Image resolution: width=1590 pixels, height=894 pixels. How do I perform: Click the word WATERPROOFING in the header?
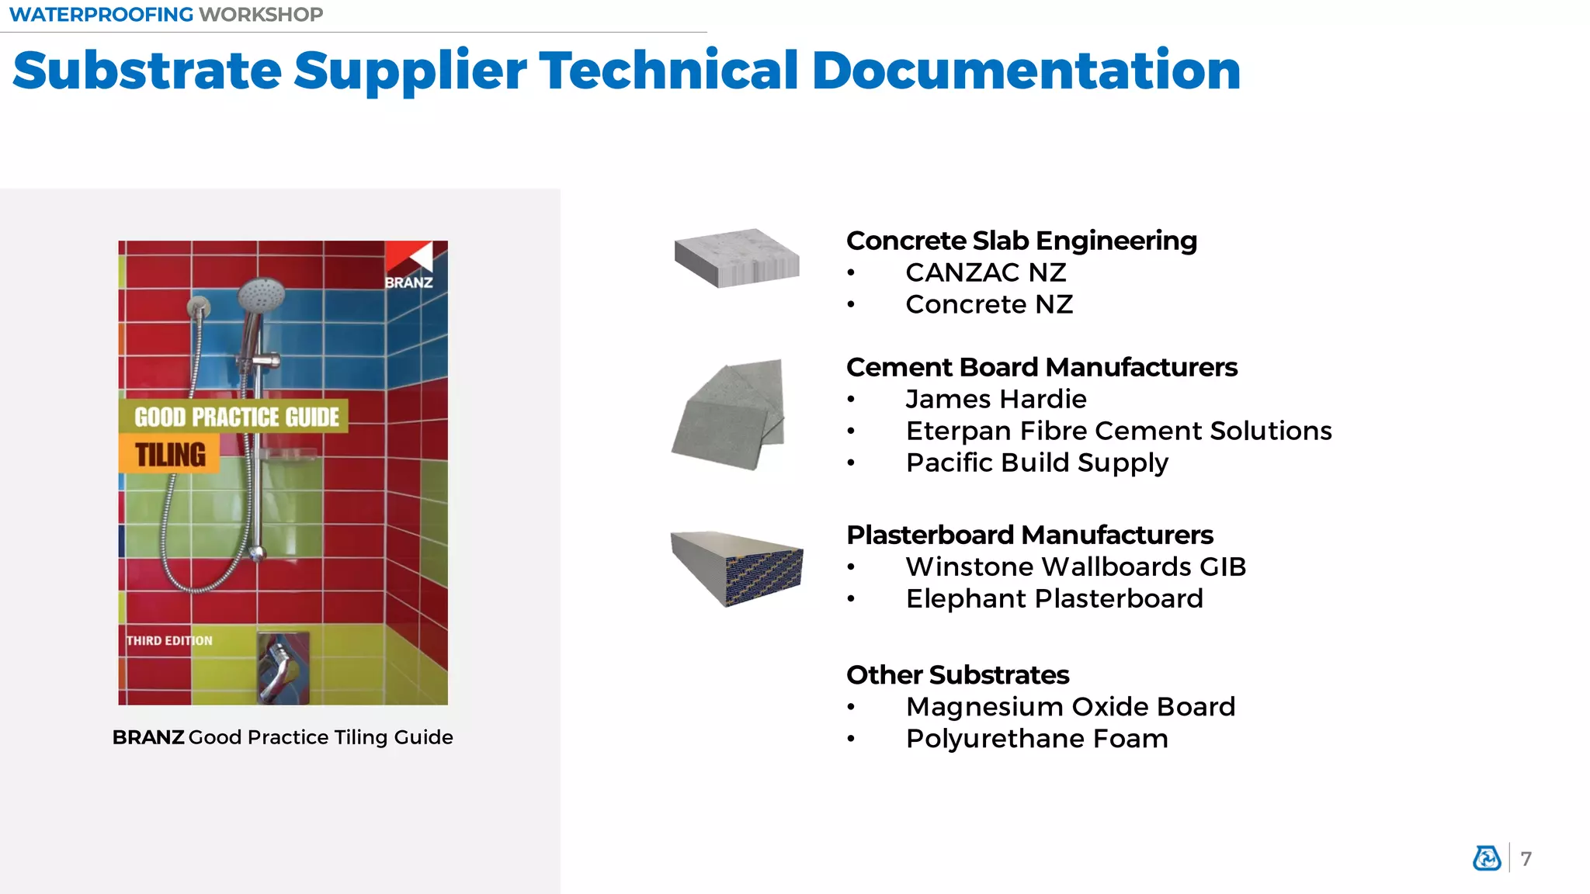click(x=102, y=15)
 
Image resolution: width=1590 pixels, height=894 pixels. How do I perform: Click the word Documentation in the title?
click(x=1026, y=71)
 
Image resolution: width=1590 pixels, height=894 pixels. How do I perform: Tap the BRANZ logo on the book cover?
click(x=409, y=266)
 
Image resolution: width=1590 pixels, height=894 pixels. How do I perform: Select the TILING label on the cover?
click(x=170, y=455)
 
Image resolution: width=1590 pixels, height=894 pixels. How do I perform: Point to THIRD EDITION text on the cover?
click(x=169, y=641)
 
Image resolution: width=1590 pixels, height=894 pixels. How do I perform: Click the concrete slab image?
click(x=736, y=258)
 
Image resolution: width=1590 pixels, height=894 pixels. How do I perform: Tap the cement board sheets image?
click(x=730, y=414)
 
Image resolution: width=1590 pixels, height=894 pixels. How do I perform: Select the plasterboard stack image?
click(x=736, y=567)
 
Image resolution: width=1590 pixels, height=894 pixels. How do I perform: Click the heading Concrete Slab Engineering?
click(x=1021, y=241)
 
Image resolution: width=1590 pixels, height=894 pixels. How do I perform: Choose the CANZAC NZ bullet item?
click(x=985, y=273)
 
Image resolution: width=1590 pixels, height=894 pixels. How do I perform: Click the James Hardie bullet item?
click(x=996, y=400)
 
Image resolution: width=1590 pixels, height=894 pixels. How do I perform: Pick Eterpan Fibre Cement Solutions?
click(x=1119, y=431)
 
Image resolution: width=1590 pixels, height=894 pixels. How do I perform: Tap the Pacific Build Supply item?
click(x=1036, y=463)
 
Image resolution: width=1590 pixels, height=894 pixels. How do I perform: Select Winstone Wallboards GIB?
click(x=1075, y=567)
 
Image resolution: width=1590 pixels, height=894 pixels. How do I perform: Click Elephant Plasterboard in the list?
click(x=1054, y=599)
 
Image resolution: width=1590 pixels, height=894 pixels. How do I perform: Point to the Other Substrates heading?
click(x=957, y=675)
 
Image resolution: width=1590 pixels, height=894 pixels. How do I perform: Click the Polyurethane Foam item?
click(x=1036, y=739)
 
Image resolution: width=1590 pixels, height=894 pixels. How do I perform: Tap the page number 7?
click(x=1526, y=859)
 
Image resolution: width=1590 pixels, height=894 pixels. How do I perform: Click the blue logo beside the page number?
click(x=1487, y=858)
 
